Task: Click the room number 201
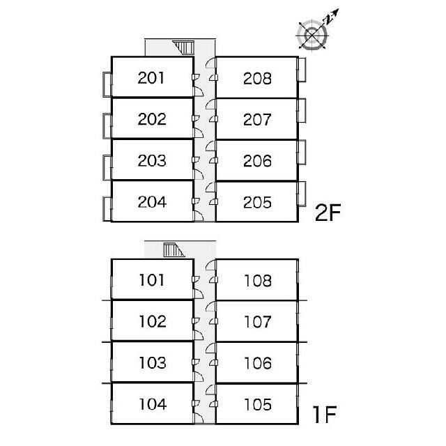[151, 78]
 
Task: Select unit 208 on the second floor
[257, 79]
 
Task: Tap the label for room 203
[152, 160]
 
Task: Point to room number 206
[257, 161]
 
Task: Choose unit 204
[152, 202]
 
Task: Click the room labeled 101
[152, 280]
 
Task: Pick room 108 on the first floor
[258, 281]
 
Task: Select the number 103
[153, 362]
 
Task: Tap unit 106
[258, 363]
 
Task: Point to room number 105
[258, 404]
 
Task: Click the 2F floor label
[328, 213]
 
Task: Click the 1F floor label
[324, 414]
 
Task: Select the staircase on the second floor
[184, 47]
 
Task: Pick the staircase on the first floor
[174, 250]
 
